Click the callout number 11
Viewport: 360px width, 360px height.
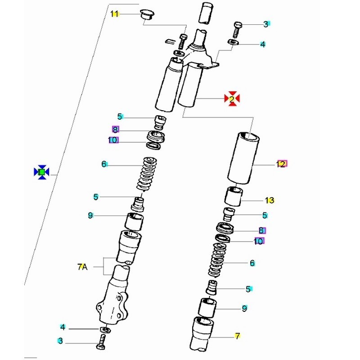click(x=115, y=15)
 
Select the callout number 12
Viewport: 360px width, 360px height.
click(x=281, y=164)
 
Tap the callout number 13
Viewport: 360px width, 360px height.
click(x=270, y=200)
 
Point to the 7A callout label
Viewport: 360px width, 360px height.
click(x=81, y=267)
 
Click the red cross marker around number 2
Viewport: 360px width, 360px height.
click(x=232, y=99)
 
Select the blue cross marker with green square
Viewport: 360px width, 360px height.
click(x=41, y=172)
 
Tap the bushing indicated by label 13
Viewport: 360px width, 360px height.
click(x=234, y=197)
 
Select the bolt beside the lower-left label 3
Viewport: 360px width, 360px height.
click(x=100, y=343)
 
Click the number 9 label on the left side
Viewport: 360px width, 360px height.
click(x=90, y=216)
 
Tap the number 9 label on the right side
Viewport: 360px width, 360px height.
click(x=244, y=309)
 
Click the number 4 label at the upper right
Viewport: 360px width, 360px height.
click(x=262, y=44)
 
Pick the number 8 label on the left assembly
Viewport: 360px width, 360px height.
click(x=115, y=130)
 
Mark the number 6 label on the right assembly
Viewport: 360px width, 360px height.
click(x=252, y=263)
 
